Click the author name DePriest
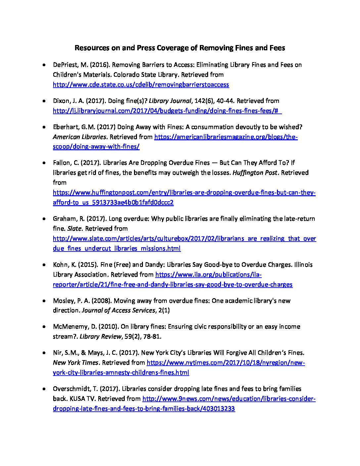pos(65,65)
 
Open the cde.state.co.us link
pos(141,85)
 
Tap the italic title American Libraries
pos(80,137)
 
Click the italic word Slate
pos(74,229)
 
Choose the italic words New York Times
pos(75,363)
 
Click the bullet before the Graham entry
pos(44,219)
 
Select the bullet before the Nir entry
pos(44,353)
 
